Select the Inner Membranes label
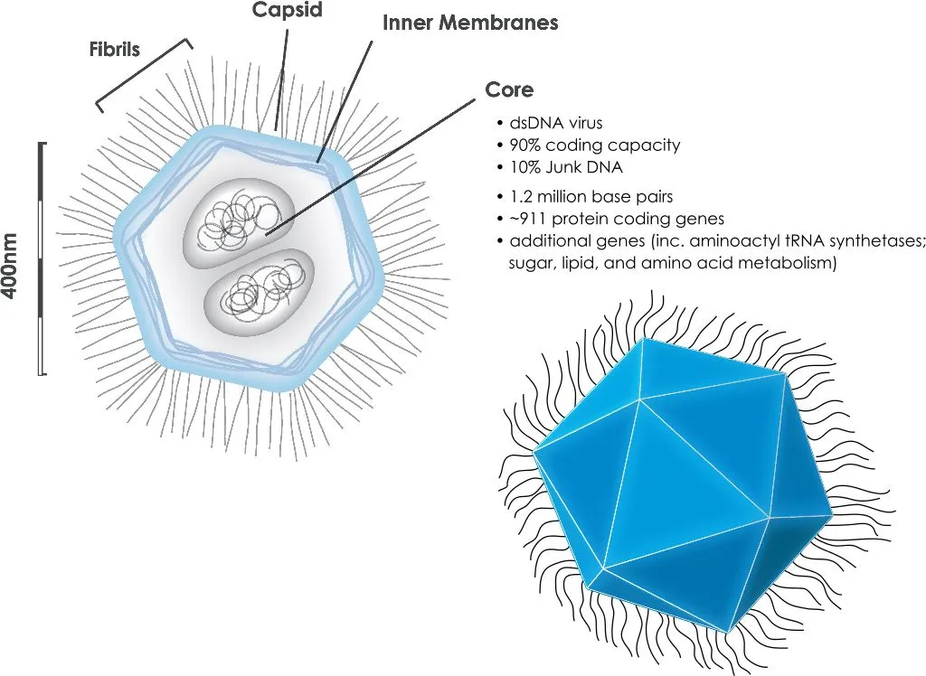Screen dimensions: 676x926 pyautogui.click(x=470, y=23)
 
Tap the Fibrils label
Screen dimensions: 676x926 pyautogui.click(x=113, y=49)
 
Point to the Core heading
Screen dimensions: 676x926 pyautogui.click(x=509, y=90)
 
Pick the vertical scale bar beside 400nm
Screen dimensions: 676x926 pyautogui.click(x=42, y=258)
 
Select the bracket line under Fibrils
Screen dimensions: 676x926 pyautogui.click(x=146, y=76)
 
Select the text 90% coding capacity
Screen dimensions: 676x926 pyautogui.click(x=594, y=145)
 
